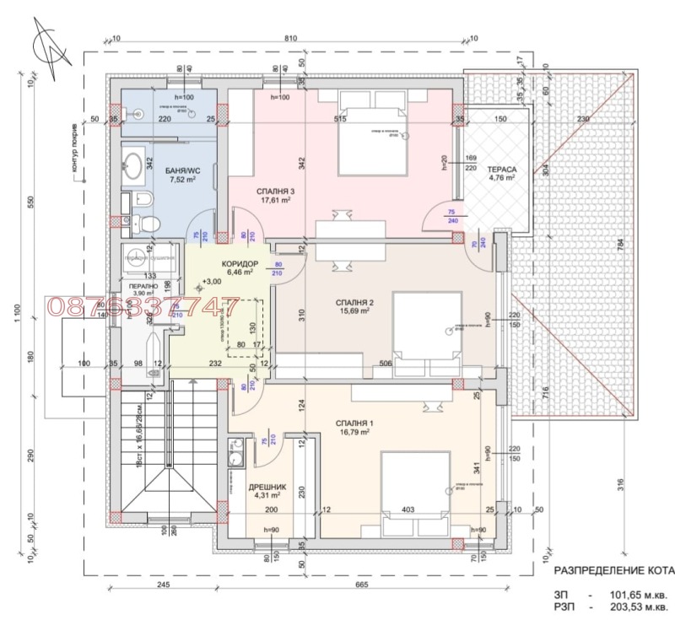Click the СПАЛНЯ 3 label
(275, 191)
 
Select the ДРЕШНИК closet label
(266, 487)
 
